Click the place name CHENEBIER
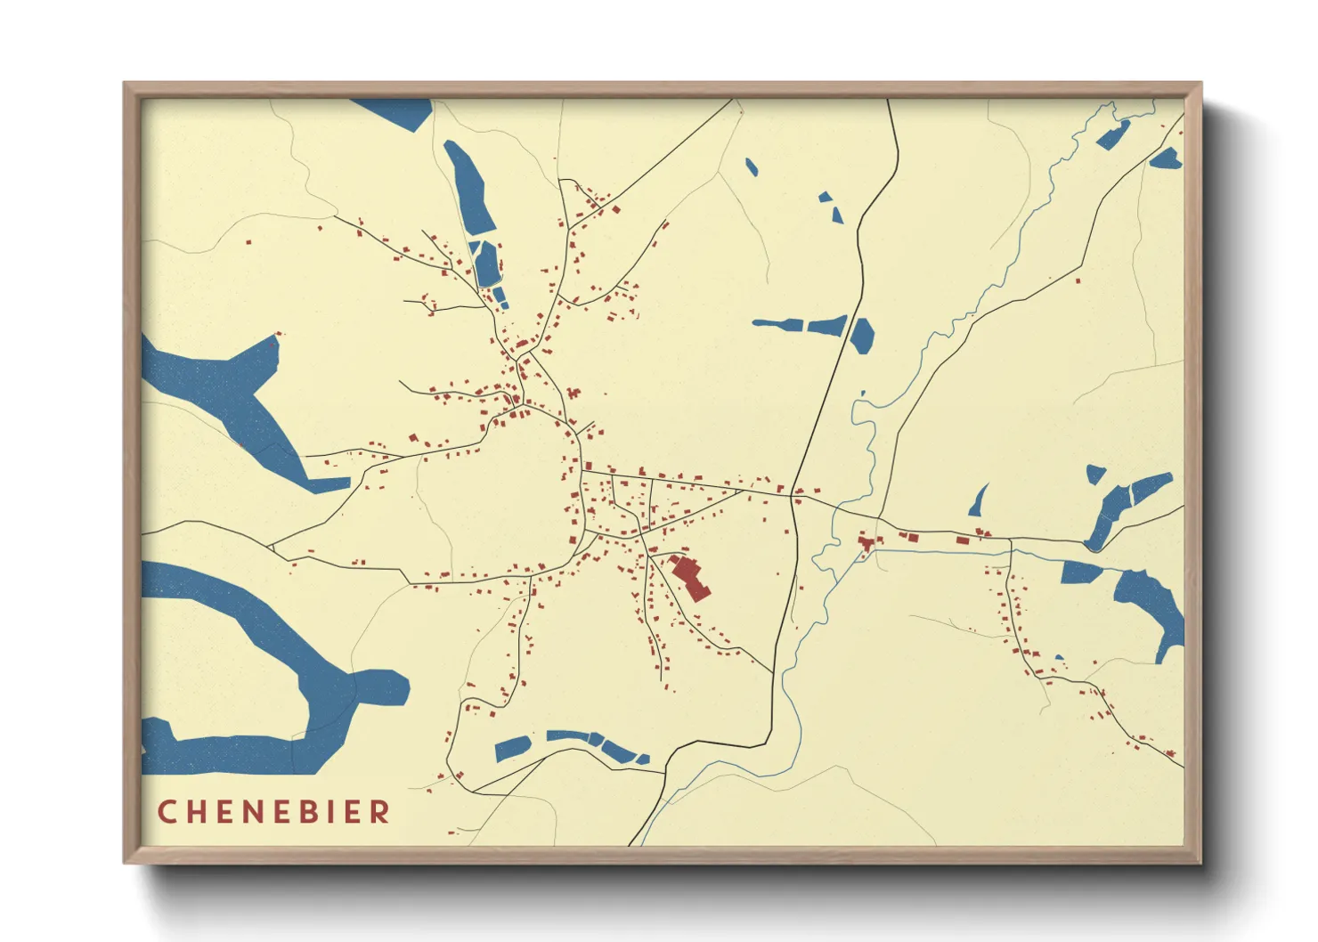coord(273,812)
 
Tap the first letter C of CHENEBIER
coord(166,812)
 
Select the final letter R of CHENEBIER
coord(381,812)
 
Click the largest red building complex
coord(690,577)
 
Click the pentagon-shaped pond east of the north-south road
coord(861,336)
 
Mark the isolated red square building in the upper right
coord(1078,281)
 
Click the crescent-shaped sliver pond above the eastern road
coord(980,500)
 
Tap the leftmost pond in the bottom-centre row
coord(512,748)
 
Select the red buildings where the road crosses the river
coord(866,542)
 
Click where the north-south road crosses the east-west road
coord(793,497)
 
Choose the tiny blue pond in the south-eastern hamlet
coord(1059,659)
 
